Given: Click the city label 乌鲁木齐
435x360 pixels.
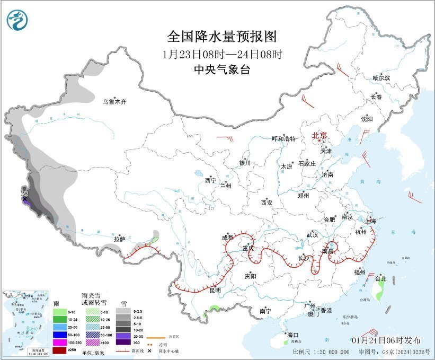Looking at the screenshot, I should (x=114, y=101).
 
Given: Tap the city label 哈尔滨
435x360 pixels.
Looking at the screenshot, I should (x=381, y=78).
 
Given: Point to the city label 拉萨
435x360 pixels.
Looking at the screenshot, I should (x=119, y=239).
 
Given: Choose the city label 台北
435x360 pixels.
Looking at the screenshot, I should (x=380, y=279).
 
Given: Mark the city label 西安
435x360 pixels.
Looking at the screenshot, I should (x=267, y=202).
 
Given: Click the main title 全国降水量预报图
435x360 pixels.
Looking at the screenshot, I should (x=222, y=37).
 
